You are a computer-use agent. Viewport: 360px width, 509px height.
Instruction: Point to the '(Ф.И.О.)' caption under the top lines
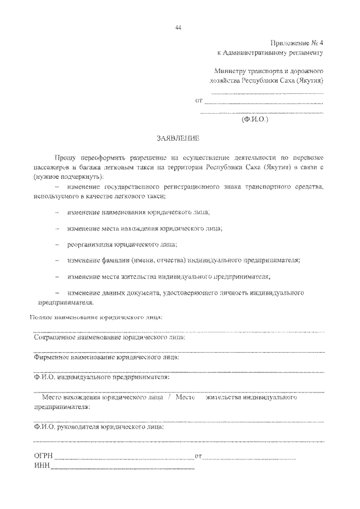(256, 120)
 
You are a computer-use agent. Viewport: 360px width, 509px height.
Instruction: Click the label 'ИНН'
(42, 466)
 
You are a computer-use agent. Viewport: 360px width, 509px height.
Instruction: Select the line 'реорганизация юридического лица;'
(122, 245)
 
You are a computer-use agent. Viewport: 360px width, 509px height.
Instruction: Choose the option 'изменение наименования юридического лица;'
(138, 213)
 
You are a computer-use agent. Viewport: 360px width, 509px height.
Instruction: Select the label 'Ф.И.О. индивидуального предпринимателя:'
(101, 377)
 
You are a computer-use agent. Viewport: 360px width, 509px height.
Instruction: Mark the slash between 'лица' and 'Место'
(169, 397)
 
